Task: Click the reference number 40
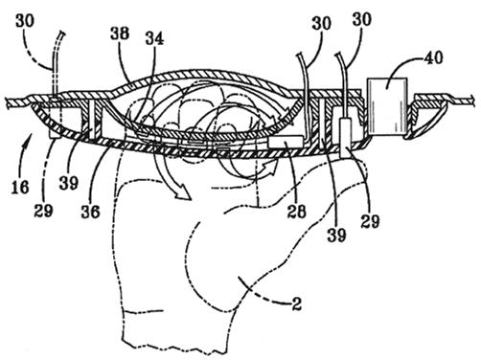pos(434,58)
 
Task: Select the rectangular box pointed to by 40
pos(387,106)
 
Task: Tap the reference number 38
pos(120,34)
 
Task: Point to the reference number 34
pos(154,38)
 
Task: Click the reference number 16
pos(20,187)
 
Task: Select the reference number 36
pos(90,212)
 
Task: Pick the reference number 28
pos(296,212)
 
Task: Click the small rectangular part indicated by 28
pos(286,142)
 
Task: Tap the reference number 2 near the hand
pos(296,304)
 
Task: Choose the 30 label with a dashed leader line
pos(25,21)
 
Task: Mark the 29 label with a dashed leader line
pos(43,211)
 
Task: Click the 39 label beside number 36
pos(69,183)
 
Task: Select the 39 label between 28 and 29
pos(336,236)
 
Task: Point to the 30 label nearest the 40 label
pos(362,19)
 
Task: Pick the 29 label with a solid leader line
pos(370,221)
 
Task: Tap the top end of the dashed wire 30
pos(61,33)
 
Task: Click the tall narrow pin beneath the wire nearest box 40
pos(346,138)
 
